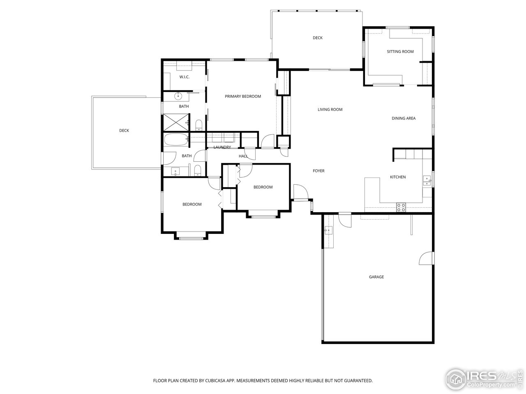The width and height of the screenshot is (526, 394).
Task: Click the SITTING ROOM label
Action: [x=400, y=52]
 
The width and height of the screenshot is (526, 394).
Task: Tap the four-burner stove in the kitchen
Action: [x=401, y=207]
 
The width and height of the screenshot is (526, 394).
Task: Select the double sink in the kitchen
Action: [x=427, y=181]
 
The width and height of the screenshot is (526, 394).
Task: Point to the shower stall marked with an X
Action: [x=175, y=122]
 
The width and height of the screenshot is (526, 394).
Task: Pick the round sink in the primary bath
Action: [x=178, y=96]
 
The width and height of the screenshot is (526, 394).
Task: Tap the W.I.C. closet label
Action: [x=184, y=77]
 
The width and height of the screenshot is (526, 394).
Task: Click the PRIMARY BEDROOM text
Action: [x=242, y=96]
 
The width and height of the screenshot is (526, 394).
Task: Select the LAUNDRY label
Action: [x=222, y=147]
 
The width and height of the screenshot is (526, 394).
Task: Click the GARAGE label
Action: [x=376, y=277]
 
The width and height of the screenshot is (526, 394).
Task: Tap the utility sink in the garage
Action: [x=328, y=231]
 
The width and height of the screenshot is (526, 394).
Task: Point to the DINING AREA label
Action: [x=403, y=119]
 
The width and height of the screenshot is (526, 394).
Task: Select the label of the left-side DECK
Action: [x=124, y=131]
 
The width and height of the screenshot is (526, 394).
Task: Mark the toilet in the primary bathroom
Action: [x=198, y=124]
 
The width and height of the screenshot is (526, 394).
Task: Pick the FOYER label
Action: [x=318, y=171]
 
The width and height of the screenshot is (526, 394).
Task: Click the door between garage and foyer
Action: [x=344, y=220]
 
